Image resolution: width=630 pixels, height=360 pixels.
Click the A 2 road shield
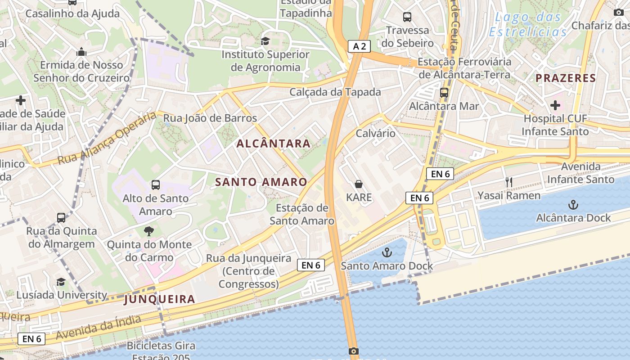click(359, 46)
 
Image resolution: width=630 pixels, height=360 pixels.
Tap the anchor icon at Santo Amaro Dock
click(387, 252)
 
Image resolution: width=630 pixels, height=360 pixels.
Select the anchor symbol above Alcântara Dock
click(573, 205)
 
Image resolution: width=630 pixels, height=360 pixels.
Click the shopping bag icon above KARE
click(359, 184)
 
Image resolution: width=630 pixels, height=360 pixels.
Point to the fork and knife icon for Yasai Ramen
click(509, 182)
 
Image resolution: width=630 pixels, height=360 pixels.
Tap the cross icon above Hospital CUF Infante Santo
click(555, 105)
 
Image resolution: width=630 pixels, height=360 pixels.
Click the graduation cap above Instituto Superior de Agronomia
click(265, 41)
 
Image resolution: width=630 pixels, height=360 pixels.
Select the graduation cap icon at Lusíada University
click(61, 282)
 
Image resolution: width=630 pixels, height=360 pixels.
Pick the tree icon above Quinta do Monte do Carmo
click(148, 232)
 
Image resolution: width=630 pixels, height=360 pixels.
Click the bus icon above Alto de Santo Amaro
click(156, 184)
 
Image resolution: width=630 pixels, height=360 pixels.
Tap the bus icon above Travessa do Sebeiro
click(407, 17)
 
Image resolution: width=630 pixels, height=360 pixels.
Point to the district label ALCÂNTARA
click(274, 144)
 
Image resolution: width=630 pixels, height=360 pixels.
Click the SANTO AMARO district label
click(261, 182)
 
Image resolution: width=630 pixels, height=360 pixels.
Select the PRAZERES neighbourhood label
click(566, 78)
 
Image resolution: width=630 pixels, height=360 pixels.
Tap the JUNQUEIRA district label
click(160, 299)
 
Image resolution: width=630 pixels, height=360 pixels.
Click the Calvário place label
click(376, 134)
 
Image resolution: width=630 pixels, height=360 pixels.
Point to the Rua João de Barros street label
click(210, 118)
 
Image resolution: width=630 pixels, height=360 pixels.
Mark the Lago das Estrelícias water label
click(528, 25)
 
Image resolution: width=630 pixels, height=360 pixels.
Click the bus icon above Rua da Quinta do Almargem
click(61, 218)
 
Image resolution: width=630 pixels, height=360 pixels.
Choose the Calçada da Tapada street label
click(335, 92)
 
